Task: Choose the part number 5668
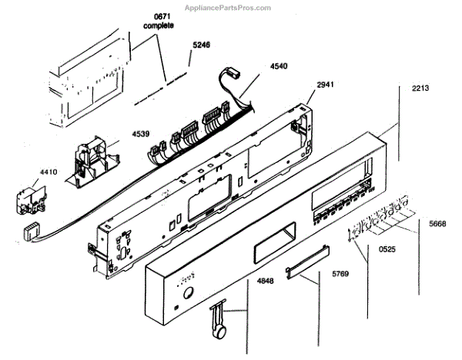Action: tap(438, 224)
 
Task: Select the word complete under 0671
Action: tap(159, 25)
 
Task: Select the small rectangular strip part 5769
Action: tap(306, 268)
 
